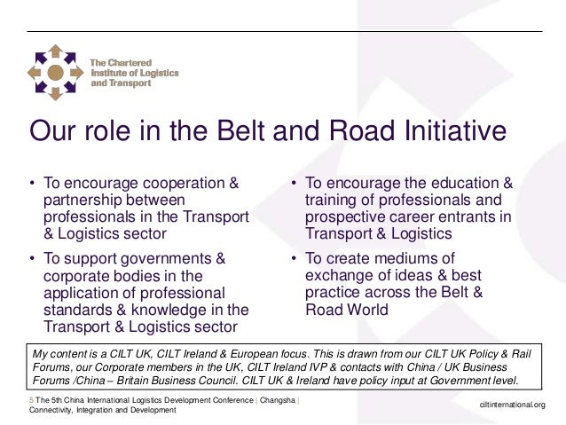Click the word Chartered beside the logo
[129, 62]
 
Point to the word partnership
[85, 201]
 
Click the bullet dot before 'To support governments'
[33, 259]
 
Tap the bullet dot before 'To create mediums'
[295, 259]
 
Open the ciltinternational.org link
[512, 406]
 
